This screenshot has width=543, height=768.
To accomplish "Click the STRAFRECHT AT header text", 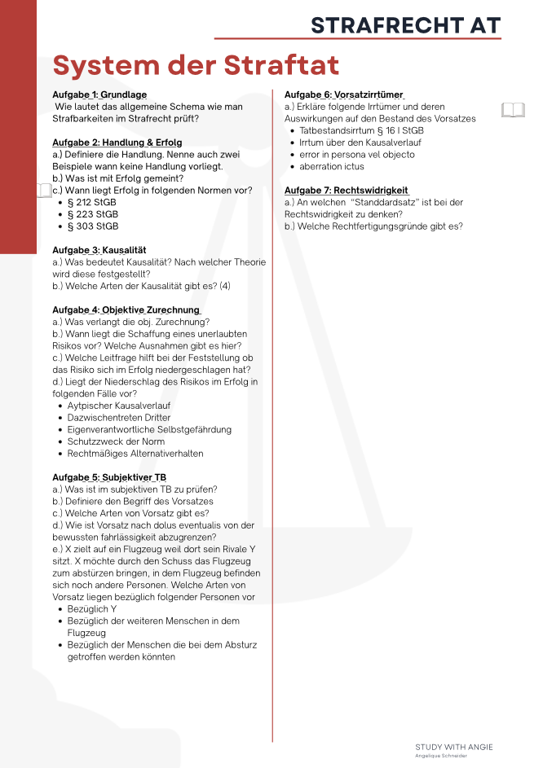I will click(405, 25).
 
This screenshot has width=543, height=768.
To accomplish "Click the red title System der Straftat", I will click(196, 65).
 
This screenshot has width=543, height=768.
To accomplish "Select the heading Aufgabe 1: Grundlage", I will click(99, 95).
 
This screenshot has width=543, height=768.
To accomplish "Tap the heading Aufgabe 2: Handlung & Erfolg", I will click(117, 143).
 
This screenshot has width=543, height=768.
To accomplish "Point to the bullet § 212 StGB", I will click(93, 202).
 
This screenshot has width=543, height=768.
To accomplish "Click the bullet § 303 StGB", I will click(93, 226).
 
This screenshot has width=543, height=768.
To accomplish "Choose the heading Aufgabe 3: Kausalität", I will click(99, 250).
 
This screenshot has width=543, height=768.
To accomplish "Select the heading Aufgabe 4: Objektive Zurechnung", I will click(126, 310).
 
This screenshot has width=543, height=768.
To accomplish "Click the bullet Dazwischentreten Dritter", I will click(119, 417).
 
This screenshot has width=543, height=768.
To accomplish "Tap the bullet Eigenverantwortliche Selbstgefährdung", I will click(149, 429).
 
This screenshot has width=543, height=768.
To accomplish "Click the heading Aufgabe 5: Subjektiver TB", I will click(109, 477).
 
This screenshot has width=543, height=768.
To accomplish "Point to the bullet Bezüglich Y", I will click(92, 608).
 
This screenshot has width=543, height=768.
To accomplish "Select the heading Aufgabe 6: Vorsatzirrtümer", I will click(344, 95).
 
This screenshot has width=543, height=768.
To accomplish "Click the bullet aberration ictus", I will click(332, 166).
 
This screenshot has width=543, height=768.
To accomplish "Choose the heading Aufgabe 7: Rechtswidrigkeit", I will click(347, 191).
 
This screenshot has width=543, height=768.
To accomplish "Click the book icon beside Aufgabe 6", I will click(513, 109).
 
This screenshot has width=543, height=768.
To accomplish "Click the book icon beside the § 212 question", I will click(44, 191).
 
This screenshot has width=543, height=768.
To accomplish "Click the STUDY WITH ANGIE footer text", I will click(454, 747).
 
